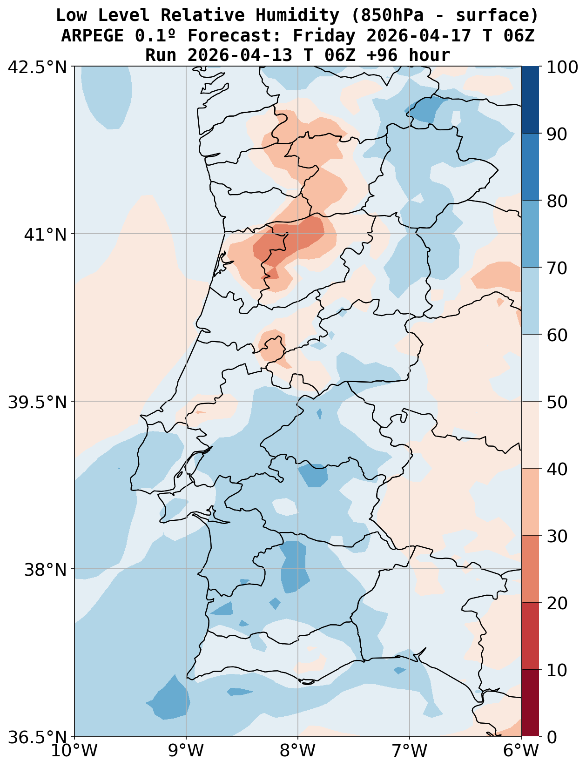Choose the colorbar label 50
tap(557, 402)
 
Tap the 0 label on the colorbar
tap(551, 737)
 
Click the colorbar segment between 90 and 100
tap(530, 100)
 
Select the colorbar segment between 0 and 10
tap(530, 703)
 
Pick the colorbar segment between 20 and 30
tap(530, 569)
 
